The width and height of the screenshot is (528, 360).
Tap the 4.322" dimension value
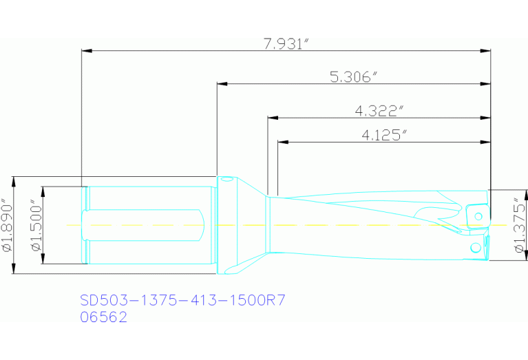click(x=379, y=111)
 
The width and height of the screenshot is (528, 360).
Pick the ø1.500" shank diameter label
click(x=36, y=226)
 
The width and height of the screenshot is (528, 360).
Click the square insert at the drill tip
click(x=476, y=214)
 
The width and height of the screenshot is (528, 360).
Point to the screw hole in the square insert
click(x=477, y=215)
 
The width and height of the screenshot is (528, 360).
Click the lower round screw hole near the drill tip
click(x=474, y=246)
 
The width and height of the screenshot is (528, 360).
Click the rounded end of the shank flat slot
click(x=201, y=225)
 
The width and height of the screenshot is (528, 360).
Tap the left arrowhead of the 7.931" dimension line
click(x=86, y=50)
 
